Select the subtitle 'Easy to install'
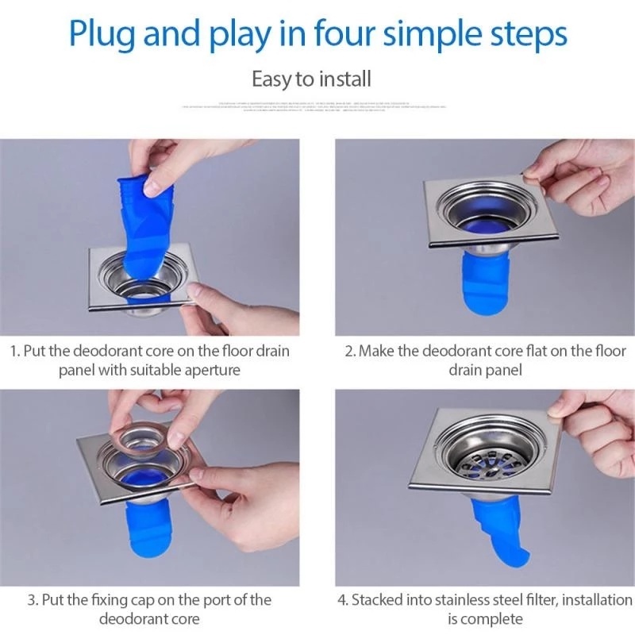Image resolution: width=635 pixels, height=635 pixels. click(x=311, y=79)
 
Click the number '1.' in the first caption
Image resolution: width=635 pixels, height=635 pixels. click(x=14, y=350)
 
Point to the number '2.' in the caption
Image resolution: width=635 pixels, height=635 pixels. click(x=349, y=350)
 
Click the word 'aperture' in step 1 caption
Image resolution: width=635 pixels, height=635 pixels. click(x=213, y=369)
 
